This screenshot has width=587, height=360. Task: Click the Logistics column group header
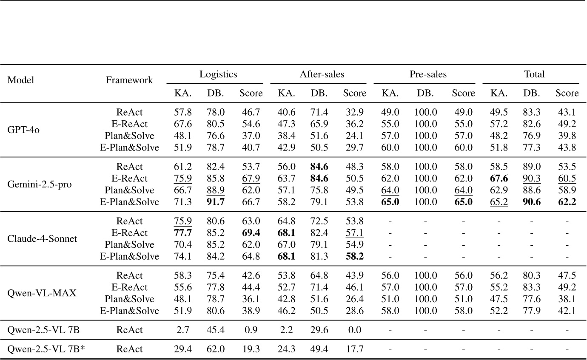coord(218,74)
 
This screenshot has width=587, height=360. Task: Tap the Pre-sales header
coord(428,74)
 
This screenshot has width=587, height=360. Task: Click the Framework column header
coord(129,80)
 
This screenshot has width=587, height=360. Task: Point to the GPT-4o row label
coord(18,130)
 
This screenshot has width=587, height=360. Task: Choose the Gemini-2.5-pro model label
coord(34,184)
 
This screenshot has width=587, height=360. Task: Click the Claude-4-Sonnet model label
coord(43,239)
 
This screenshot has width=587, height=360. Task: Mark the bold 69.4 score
coord(251,233)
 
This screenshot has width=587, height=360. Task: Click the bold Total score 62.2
coord(567,202)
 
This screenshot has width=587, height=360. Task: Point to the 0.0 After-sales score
coord(354,330)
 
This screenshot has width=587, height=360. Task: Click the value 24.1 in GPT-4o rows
coord(354,136)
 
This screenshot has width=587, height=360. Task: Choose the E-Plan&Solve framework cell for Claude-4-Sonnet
coord(129,257)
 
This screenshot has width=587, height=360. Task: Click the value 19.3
coord(251,349)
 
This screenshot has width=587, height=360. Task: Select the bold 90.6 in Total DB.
coord(534,202)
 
